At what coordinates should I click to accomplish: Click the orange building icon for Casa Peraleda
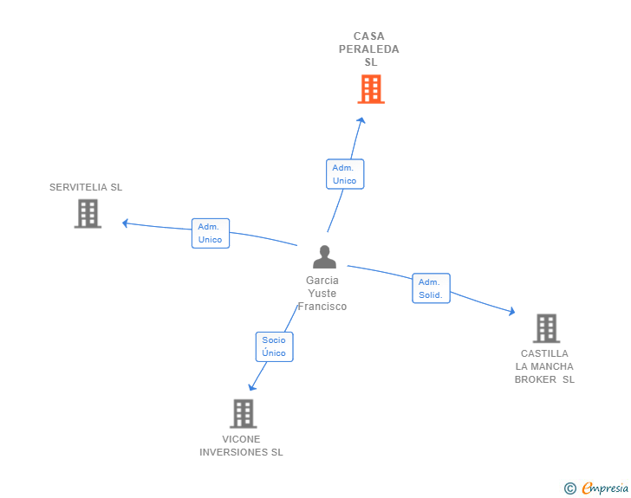pyautogui.click(x=370, y=89)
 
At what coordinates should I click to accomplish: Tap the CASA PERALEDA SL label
pyautogui.click(x=369, y=49)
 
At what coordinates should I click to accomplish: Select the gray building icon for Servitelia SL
pyautogui.click(x=88, y=213)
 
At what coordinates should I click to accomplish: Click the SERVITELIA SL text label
pyautogui.click(x=86, y=187)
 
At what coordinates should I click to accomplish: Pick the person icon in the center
pyautogui.click(x=324, y=257)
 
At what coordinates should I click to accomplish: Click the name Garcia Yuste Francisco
pyautogui.click(x=322, y=294)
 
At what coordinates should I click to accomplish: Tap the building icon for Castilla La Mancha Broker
pyautogui.click(x=546, y=328)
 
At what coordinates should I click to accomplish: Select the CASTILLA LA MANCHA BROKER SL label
pyautogui.click(x=544, y=366)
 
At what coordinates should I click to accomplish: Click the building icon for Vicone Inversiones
pyautogui.click(x=244, y=413)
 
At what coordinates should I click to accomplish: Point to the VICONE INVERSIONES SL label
pyautogui.click(x=241, y=446)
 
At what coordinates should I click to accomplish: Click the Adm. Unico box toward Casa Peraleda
pyautogui.click(x=344, y=174)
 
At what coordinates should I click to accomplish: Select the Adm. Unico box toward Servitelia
pyautogui.click(x=211, y=233)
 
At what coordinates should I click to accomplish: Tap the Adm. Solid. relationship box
pyautogui.click(x=431, y=288)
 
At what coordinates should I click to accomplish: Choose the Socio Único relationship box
pyautogui.click(x=274, y=346)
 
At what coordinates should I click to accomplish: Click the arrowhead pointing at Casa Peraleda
pyautogui.click(x=361, y=120)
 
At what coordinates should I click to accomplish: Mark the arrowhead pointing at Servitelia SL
pyautogui.click(x=126, y=223)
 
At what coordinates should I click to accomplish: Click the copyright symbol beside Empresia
pyautogui.click(x=570, y=488)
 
